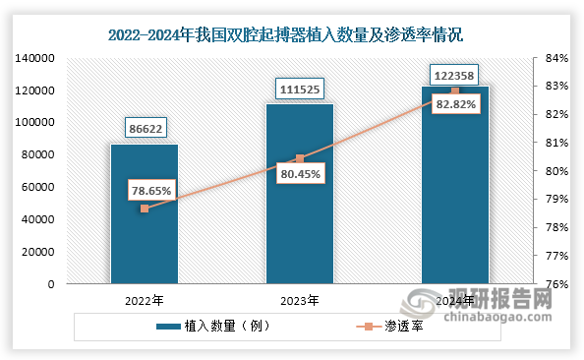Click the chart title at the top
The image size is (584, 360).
click(x=292, y=34)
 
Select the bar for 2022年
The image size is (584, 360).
click(x=144, y=236)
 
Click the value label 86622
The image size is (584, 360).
click(x=144, y=126)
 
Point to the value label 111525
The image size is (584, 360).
click(x=300, y=90)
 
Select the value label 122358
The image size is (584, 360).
click(x=455, y=74)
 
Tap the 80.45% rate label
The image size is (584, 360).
click(x=299, y=175)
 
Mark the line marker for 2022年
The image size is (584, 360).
click(x=145, y=209)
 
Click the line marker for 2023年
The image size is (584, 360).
click(x=300, y=158)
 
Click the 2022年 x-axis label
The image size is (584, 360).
click(x=144, y=299)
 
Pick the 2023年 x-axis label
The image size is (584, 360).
click(x=300, y=299)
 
